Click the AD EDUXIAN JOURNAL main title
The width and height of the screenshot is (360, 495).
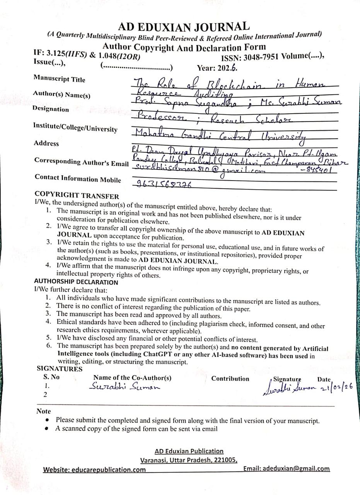coord(184,27)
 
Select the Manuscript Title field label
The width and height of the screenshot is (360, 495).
coord(59,79)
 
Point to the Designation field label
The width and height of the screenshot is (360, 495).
coord(51,109)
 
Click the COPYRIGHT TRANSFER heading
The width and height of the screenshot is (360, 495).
coord(77,196)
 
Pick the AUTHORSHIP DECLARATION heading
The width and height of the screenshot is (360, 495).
coord(76,282)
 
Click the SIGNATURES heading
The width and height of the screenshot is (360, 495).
coord(60,369)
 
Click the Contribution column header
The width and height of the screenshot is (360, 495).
coord(230,379)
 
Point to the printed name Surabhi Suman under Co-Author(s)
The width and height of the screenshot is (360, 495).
coord(124,386)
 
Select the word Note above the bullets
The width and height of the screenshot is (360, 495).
coord(43,411)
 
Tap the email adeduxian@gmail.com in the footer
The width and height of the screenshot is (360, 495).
coord(296,468)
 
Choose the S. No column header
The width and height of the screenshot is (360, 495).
coord(51,377)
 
